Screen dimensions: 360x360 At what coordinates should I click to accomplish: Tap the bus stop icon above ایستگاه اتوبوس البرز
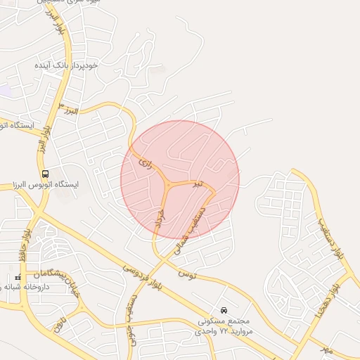(x=46, y=174)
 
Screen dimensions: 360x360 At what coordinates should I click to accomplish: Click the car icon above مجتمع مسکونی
(x=224, y=310)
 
